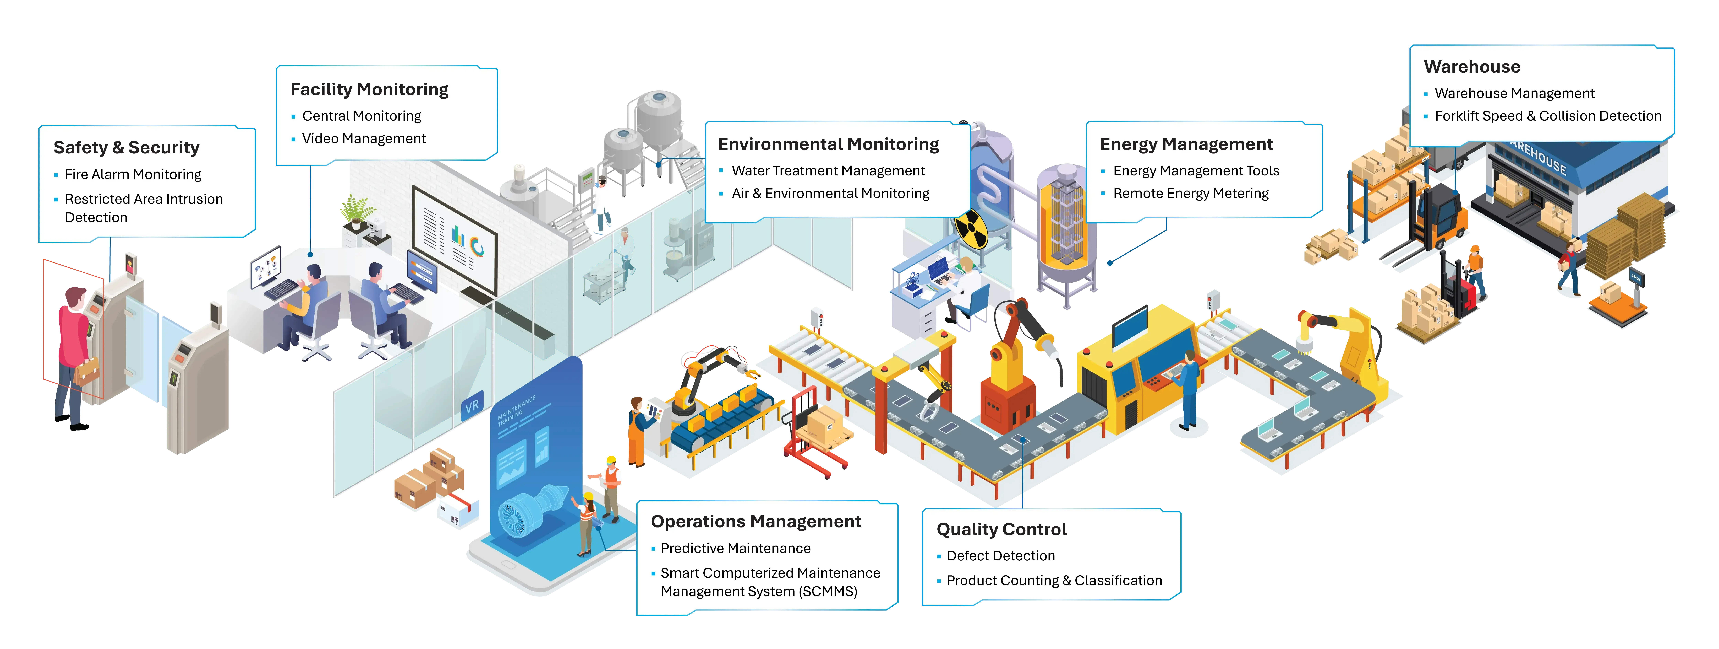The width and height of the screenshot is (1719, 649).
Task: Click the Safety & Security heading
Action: pyautogui.click(x=126, y=148)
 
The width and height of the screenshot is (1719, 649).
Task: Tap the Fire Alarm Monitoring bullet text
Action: pyautogui.click(x=133, y=174)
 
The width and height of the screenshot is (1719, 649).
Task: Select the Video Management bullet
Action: pyautogui.click(x=364, y=139)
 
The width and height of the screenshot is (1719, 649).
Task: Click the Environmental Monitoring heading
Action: pyautogui.click(x=828, y=144)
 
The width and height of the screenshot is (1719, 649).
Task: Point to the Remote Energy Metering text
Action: pyautogui.click(x=1190, y=194)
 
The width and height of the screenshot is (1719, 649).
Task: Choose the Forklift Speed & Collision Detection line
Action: pyautogui.click(x=1547, y=116)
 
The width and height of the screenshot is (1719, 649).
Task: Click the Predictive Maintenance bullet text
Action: pyautogui.click(x=735, y=548)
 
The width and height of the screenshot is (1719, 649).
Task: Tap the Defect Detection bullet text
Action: pyautogui.click(x=1000, y=556)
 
